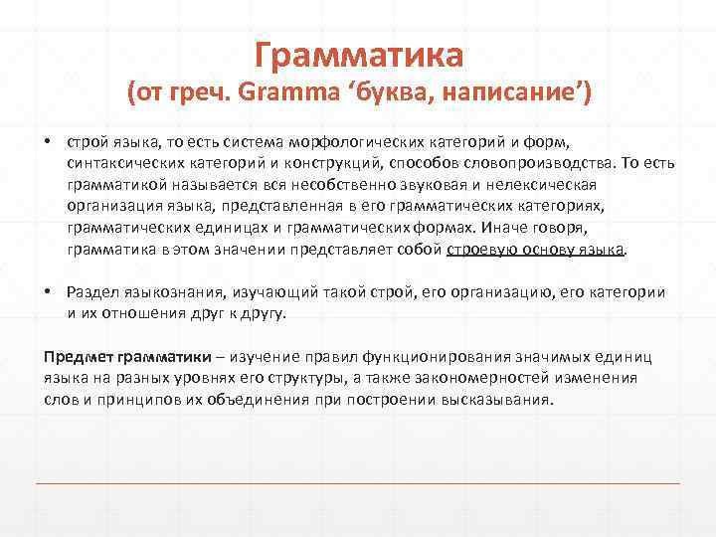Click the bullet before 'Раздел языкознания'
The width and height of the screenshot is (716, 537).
pyautogui.click(x=47, y=291)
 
